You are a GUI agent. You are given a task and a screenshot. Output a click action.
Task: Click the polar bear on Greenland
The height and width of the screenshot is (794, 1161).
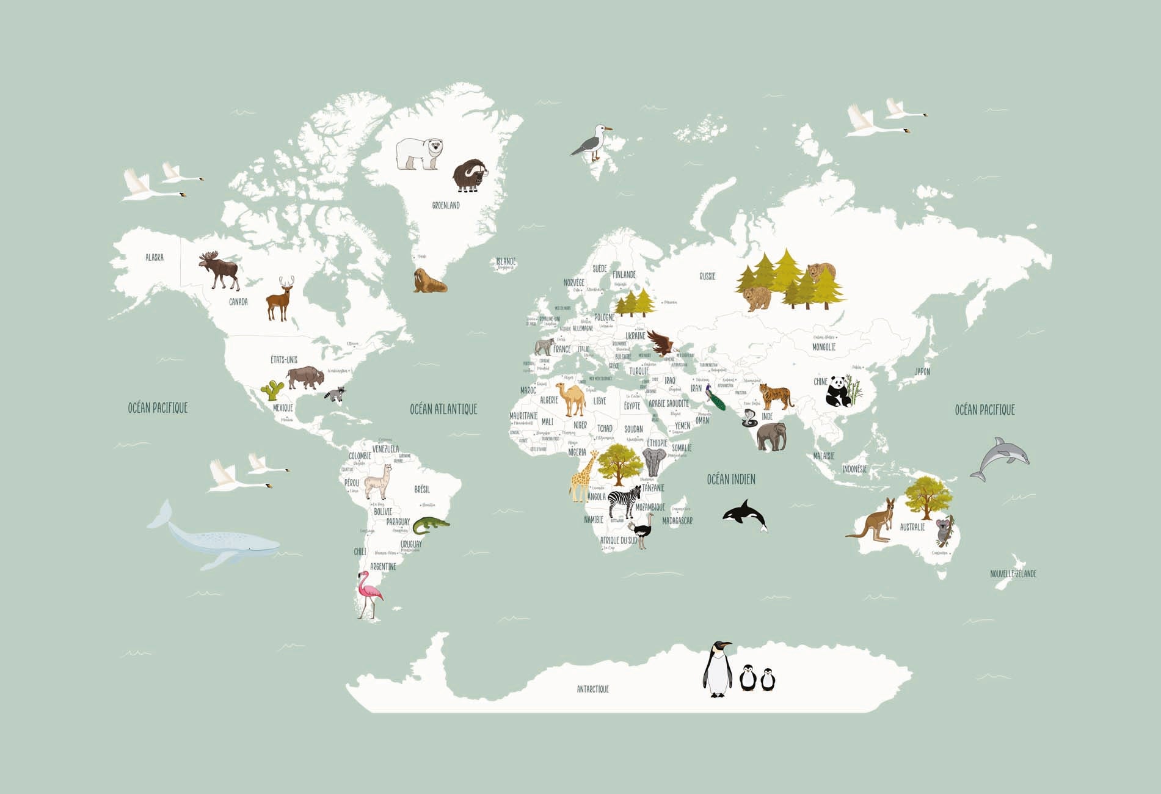[419, 154]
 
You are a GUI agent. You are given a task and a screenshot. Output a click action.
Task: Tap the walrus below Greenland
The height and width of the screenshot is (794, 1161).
[429, 281]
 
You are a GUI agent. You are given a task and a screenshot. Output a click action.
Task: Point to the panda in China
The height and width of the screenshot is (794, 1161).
[838, 392]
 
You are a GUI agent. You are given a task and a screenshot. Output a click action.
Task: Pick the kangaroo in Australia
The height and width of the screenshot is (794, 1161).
[875, 521]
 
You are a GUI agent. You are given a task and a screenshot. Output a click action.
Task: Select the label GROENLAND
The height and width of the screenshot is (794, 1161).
[446, 206]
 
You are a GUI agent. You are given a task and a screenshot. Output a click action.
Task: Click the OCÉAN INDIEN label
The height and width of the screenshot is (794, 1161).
[730, 479]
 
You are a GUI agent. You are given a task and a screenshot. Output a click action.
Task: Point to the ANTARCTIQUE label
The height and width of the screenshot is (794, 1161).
[592, 689]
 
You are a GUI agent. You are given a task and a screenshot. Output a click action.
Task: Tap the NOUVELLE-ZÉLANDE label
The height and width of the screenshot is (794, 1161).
[1013, 574]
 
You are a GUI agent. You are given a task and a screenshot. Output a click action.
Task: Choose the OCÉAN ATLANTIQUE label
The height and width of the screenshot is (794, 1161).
[443, 409]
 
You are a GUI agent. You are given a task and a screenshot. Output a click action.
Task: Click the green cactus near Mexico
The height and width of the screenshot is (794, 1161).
[272, 390]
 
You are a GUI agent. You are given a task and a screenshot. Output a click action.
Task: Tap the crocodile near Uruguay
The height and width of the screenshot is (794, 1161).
[430, 525]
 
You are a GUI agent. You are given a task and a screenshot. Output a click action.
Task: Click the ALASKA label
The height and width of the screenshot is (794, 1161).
[155, 257]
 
